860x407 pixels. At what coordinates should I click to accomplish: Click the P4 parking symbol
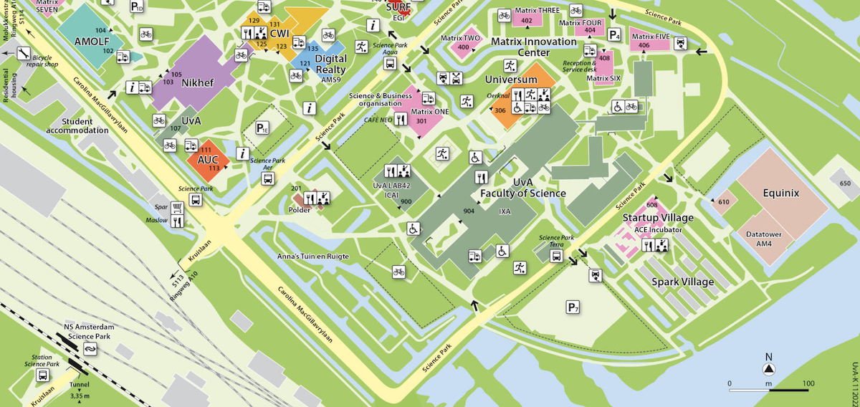tap(614, 34)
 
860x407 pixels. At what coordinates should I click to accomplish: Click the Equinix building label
tap(780, 193)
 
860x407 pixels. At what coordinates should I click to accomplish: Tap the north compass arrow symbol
tap(768, 369)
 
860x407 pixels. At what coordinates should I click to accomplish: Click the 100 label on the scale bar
tap(808, 384)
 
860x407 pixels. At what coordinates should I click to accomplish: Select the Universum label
tap(511, 79)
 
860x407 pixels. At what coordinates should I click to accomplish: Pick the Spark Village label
tap(682, 282)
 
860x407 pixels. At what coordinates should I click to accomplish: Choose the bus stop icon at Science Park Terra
tap(555, 256)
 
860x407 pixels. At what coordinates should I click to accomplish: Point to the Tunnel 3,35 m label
tap(80, 390)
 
